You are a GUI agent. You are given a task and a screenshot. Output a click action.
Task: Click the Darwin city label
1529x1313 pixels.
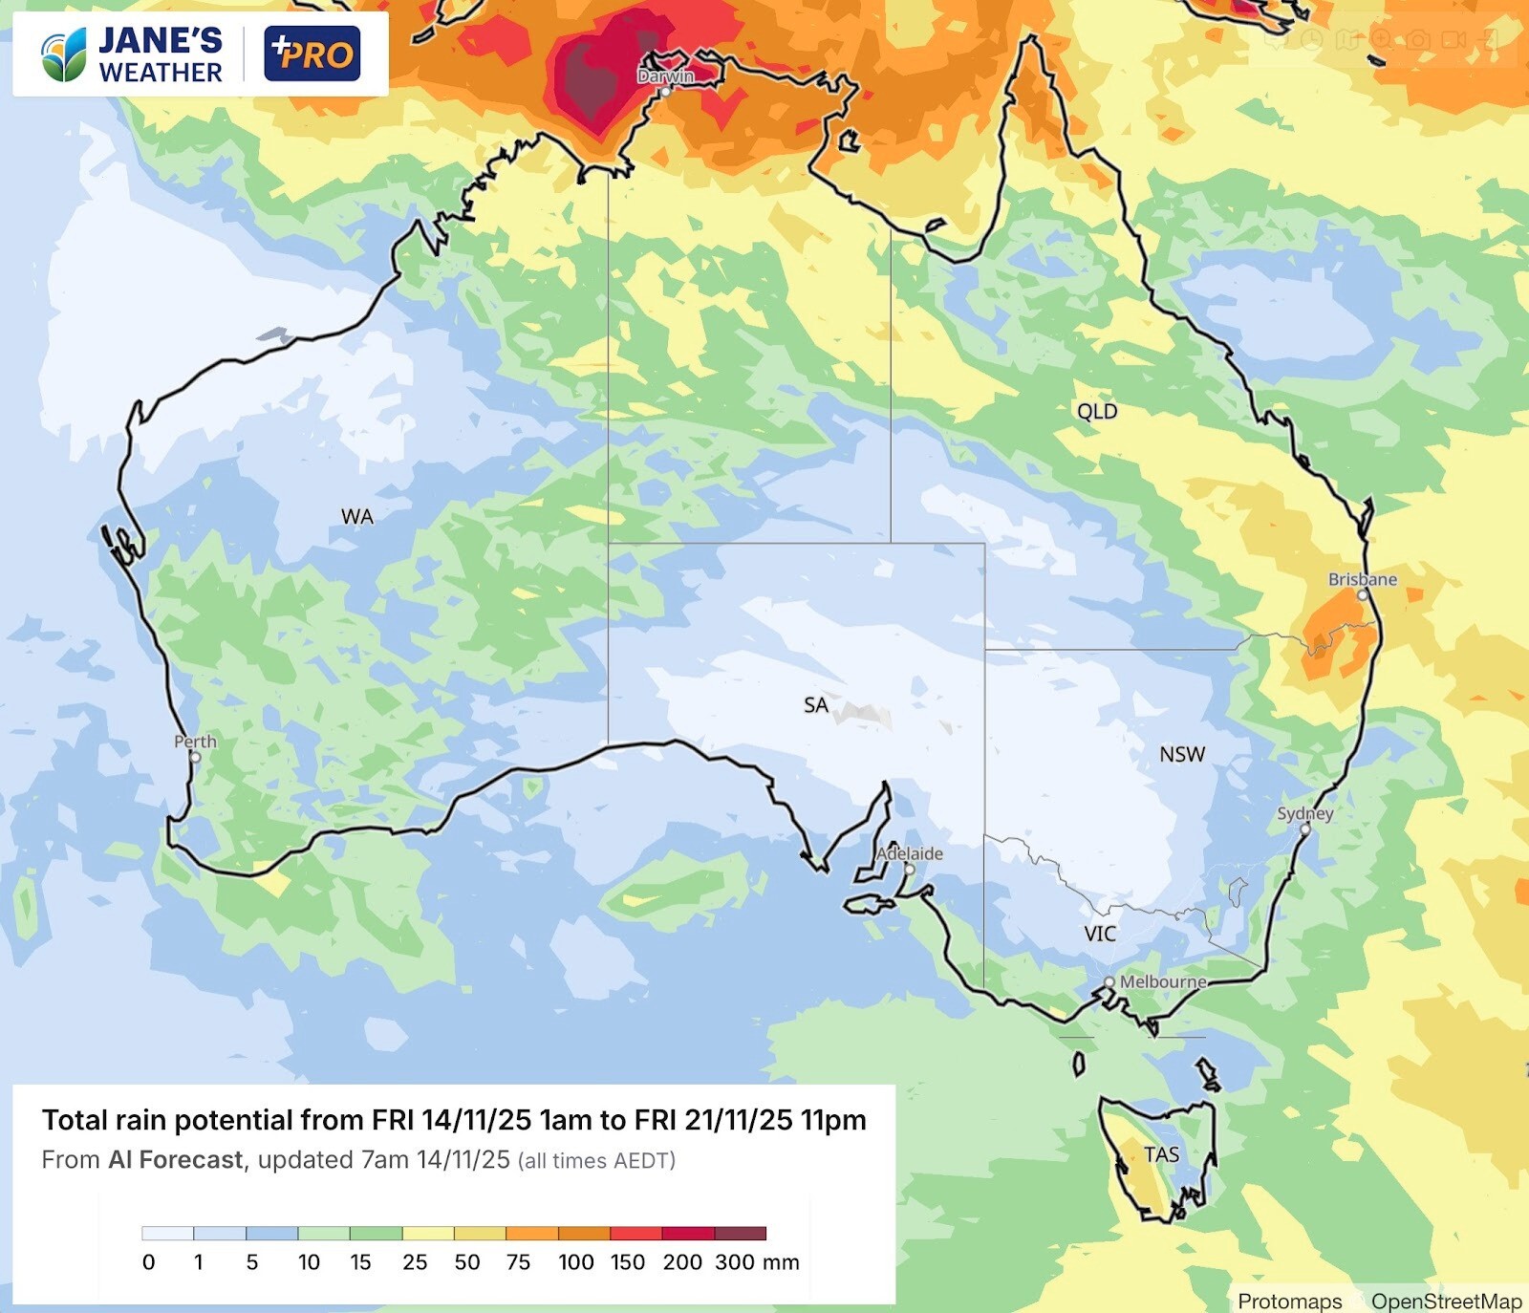pyautogui.click(x=666, y=75)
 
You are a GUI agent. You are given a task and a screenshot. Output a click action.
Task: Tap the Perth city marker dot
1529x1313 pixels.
pyautogui.click(x=195, y=758)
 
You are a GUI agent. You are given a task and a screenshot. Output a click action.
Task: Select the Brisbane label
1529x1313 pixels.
pyautogui.click(x=1362, y=579)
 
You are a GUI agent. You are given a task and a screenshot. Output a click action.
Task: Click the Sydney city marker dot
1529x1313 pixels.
pyautogui.click(x=1305, y=829)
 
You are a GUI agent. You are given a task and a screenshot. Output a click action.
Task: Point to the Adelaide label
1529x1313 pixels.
pyautogui.click(x=910, y=853)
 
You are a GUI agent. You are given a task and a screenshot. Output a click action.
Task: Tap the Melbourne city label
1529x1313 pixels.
pyautogui.click(x=1163, y=981)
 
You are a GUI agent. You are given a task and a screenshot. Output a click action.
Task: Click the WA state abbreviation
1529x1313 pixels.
pyautogui.click(x=357, y=517)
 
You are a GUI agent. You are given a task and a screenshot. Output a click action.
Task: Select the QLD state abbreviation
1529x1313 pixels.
pyautogui.click(x=1097, y=411)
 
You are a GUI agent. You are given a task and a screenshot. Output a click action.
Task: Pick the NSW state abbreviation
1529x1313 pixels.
pyautogui.click(x=1182, y=754)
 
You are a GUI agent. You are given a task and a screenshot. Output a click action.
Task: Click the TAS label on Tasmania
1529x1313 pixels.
pyautogui.click(x=1161, y=1154)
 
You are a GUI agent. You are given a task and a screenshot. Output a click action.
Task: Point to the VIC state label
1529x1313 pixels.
pyautogui.click(x=1100, y=934)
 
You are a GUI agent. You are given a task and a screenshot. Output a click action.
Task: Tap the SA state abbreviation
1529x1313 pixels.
pyautogui.click(x=815, y=705)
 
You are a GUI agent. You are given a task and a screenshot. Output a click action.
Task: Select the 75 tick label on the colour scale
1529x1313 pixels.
pyautogui.click(x=518, y=1262)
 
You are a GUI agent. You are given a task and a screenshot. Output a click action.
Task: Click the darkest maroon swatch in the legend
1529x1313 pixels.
pyautogui.click(x=741, y=1234)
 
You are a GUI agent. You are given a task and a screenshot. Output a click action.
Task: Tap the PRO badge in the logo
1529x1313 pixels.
pyautogui.click(x=312, y=54)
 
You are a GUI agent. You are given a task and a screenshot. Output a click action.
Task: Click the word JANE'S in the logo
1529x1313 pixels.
pyautogui.click(x=160, y=40)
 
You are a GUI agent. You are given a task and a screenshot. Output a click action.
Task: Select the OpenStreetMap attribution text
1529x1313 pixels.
pyautogui.click(x=1446, y=1301)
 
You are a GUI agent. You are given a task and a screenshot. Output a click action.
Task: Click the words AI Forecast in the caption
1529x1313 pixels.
pyautogui.click(x=176, y=1160)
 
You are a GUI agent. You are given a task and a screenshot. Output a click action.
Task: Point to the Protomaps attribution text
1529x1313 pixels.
pyautogui.click(x=1289, y=1301)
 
